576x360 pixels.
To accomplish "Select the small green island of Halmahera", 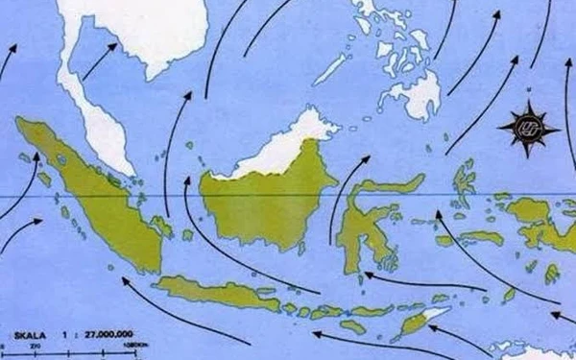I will pos(465,182).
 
